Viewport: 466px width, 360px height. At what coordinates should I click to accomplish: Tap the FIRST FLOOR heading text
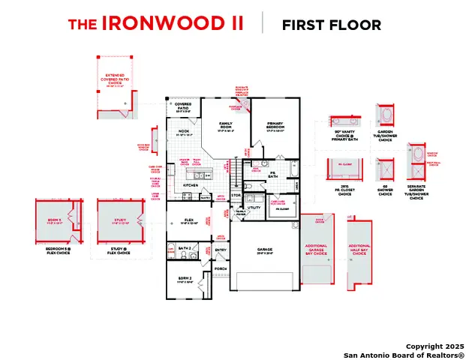point(331,25)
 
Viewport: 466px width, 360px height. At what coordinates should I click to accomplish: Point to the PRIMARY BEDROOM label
point(275,124)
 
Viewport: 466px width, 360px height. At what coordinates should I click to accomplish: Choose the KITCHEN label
point(191,184)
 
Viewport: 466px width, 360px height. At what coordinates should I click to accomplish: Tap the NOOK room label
point(184,132)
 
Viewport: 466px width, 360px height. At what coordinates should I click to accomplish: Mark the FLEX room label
point(190,220)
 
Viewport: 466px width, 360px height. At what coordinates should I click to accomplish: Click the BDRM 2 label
point(184,278)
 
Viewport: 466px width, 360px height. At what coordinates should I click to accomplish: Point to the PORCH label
point(221,268)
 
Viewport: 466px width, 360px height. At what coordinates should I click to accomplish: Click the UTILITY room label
point(254,207)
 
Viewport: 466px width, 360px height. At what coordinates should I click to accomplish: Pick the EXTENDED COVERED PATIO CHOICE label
point(115,79)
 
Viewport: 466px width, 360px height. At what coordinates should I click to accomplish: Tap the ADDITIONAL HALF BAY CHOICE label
point(359,249)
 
